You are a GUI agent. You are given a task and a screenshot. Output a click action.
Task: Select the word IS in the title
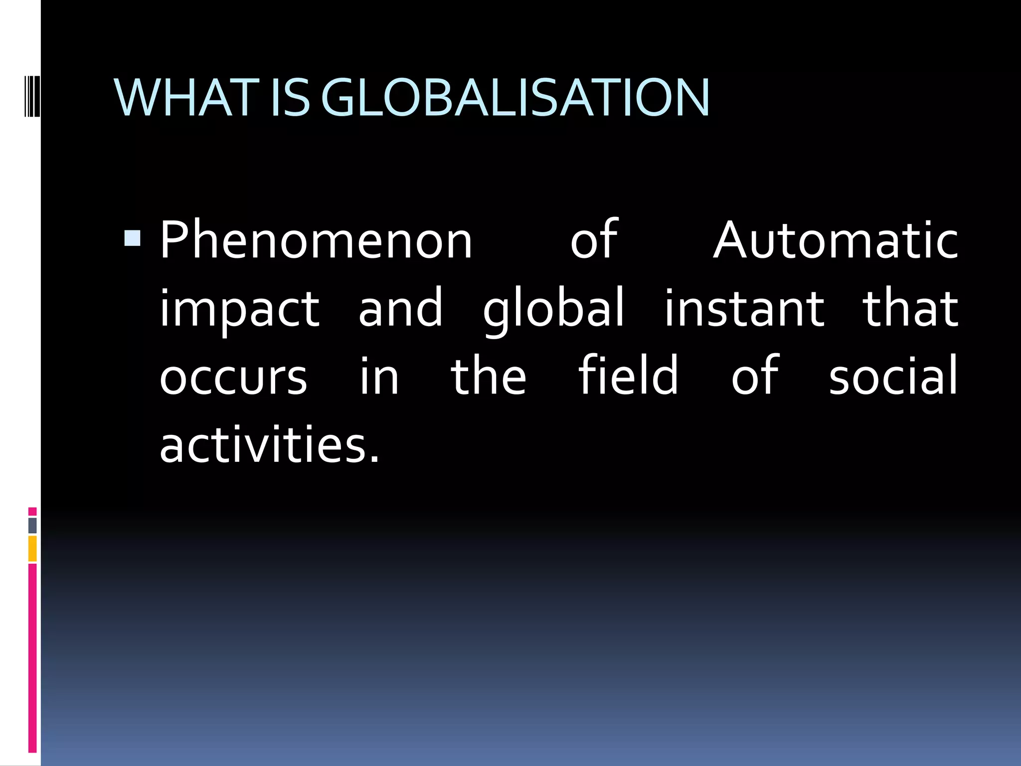click(290, 98)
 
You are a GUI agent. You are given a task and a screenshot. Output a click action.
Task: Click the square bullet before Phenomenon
click(133, 238)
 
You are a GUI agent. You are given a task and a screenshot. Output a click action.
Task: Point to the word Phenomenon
click(316, 241)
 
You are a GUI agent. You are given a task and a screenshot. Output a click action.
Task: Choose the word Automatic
click(836, 241)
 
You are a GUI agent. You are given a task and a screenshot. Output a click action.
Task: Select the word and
click(400, 309)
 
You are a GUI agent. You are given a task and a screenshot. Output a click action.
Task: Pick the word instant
click(744, 309)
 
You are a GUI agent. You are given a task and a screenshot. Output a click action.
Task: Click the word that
click(910, 309)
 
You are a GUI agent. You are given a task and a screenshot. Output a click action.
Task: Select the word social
click(893, 376)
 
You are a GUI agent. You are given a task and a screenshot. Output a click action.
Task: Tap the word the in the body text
click(488, 376)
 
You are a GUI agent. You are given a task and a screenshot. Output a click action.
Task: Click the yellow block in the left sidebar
click(32, 549)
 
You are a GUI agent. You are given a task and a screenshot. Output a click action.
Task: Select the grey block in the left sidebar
click(32, 525)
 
